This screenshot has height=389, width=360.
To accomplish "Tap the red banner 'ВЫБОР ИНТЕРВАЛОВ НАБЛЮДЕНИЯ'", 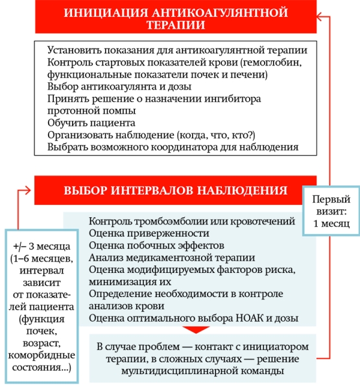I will click(x=175, y=191).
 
